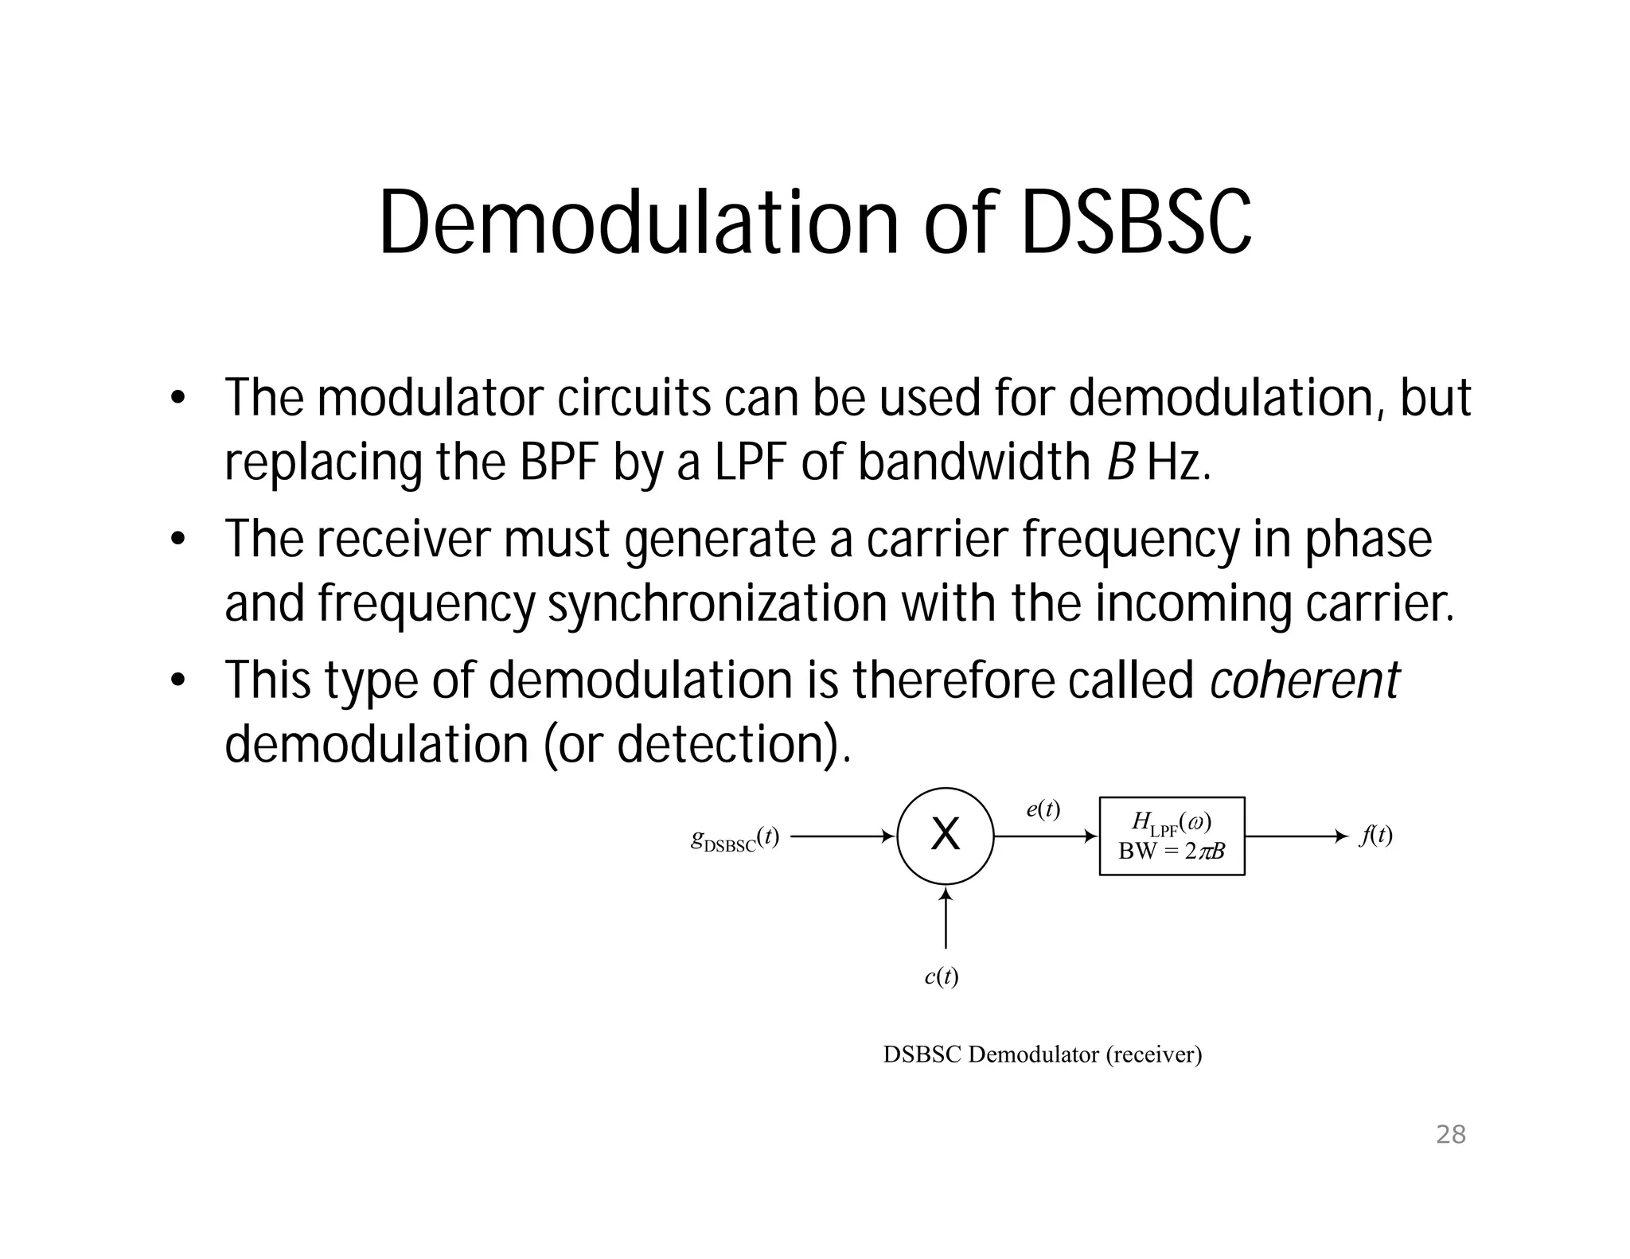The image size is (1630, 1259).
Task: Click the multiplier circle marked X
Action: tap(945, 836)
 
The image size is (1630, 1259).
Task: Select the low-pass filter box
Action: tap(1172, 836)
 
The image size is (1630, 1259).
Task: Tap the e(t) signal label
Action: tap(1043, 809)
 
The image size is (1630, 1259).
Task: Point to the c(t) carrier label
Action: tap(942, 976)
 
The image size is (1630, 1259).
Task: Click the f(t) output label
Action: tap(1376, 836)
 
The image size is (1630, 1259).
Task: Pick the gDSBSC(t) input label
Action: tap(734, 839)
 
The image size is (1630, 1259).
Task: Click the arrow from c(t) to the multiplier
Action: tap(946, 919)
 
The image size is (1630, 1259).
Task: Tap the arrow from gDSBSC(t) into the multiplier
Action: tap(842, 836)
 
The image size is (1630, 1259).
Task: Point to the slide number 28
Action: tap(1450, 1135)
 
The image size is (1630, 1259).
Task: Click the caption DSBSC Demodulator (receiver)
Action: tap(1043, 1054)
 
